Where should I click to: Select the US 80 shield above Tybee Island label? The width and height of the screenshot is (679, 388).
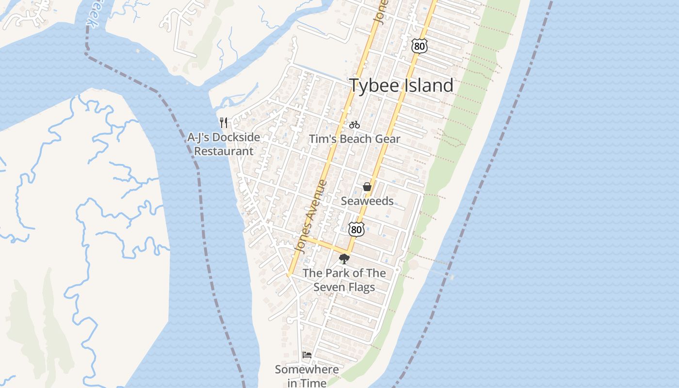point(419,46)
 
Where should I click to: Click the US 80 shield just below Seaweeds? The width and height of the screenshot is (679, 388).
point(356,229)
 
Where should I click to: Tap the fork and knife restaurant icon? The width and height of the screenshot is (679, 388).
point(224,122)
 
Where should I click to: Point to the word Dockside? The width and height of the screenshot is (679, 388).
point(236,137)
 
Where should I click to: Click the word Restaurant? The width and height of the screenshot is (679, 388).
point(224,151)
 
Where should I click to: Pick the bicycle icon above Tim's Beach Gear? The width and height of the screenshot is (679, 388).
point(355,125)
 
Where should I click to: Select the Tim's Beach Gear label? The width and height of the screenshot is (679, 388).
point(355,139)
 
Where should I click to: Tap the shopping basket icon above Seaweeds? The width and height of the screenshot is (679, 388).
point(367,187)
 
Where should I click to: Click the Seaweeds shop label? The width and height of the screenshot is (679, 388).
point(367,201)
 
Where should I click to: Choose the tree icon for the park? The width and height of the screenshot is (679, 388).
point(344,259)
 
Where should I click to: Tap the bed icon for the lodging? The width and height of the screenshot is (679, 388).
point(307,355)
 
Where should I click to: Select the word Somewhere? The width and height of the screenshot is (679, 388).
point(307,370)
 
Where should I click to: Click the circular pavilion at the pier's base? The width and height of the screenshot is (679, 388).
point(413,265)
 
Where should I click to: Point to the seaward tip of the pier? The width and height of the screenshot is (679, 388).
point(452,277)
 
